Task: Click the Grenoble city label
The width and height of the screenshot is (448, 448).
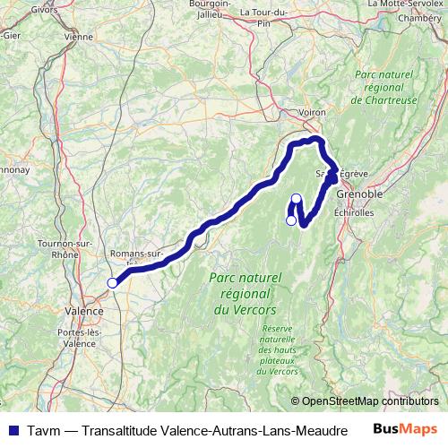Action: [x=359, y=194]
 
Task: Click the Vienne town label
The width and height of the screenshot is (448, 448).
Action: [x=79, y=39]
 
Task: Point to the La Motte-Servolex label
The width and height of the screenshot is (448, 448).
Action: [x=407, y=4]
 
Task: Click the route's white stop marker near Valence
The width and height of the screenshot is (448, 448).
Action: [x=112, y=283]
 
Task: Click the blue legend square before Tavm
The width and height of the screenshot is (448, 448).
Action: [x=12, y=429]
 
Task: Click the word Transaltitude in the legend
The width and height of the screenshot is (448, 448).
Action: [x=117, y=429]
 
